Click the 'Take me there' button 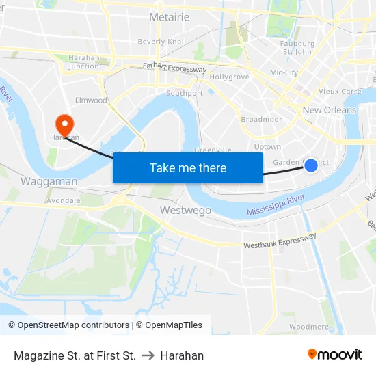click(188, 167)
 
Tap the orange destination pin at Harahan click(65, 124)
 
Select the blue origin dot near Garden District click(311, 165)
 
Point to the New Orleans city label click(330, 110)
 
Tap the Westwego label click(185, 210)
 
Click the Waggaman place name click(49, 182)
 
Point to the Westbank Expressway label click(280, 241)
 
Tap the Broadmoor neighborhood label click(261, 119)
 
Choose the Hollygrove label click(229, 77)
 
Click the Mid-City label click(284, 72)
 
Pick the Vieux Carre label click(340, 91)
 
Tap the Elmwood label click(91, 100)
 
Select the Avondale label click(64, 200)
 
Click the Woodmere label click(308, 327)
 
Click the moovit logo click(335, 354)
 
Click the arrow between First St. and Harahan click(148, 355)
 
